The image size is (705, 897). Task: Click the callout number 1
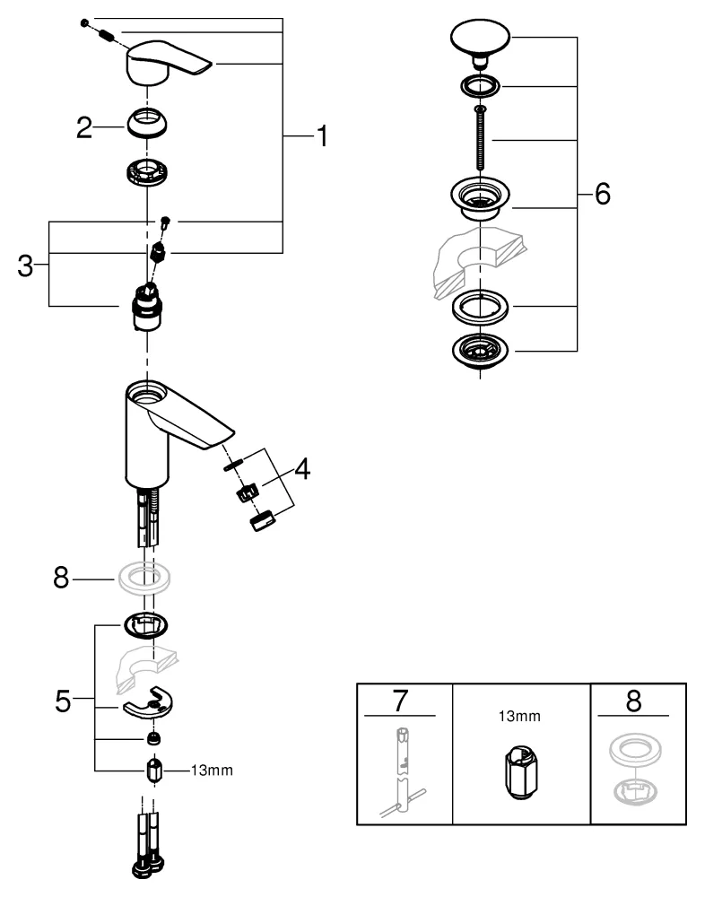coord(320,136)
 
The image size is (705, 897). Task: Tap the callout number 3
coord(26,265)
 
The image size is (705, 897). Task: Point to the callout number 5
coord(62,701)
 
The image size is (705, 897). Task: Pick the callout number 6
coord(601,193)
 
